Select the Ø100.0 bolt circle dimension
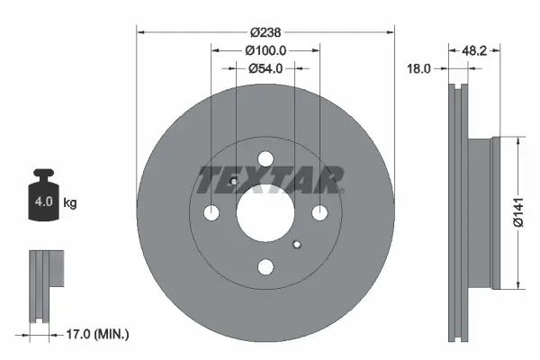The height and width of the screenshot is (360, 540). tap(265, 50)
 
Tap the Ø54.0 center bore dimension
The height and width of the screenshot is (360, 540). tap(265, 67)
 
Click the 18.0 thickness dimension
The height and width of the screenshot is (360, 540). tap(420, 67)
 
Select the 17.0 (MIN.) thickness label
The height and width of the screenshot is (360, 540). tap(99, 334)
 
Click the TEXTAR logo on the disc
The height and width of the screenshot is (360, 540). tap(269, 178)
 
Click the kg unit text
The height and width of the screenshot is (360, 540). tap(70, 203)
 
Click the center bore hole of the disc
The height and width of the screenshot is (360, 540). tap(265, 214)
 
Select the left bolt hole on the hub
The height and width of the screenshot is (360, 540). tap(212, 214)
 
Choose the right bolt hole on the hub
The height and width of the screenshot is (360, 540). tap(319, 214)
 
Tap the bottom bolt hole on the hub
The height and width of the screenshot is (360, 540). tap(265, 267)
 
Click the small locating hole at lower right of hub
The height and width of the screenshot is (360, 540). tap(299, 243)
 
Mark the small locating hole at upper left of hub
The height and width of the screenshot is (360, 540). tap(233, 184)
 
